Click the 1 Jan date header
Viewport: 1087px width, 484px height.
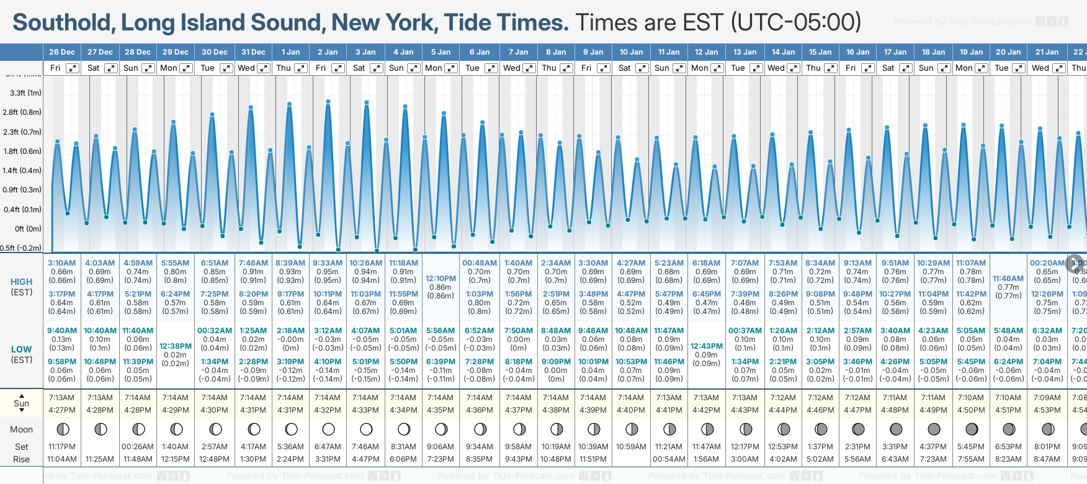click(290, 52)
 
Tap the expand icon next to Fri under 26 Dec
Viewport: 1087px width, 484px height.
click(73, 68)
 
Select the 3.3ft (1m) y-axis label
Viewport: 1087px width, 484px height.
click(25, 93)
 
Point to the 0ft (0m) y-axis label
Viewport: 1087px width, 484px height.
click(28, 228)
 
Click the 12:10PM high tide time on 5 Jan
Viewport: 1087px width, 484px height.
click(441, 279)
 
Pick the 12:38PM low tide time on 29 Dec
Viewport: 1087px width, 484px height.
click(176, 346)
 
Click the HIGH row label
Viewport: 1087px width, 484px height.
click(22, 282)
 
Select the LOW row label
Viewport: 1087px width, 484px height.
click(22, 349)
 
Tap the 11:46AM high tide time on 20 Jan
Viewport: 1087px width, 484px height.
click(1008, 279)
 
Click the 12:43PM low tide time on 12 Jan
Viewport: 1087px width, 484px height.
click(706, 346)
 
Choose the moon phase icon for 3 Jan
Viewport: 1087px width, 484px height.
click(366, 429)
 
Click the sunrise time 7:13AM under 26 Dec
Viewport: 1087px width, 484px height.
click(62, 398)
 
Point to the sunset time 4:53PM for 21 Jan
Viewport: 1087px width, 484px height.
click(1047, 410)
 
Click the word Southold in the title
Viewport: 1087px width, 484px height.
click(62, 22)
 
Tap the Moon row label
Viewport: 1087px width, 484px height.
click(22, 429)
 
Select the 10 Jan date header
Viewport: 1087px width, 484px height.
click(632, 52)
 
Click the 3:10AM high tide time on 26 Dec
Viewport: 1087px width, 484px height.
click(62, 263)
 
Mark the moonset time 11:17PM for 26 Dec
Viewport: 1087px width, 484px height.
click(62, 447)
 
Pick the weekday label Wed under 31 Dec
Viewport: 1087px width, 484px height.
click(246, 68)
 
